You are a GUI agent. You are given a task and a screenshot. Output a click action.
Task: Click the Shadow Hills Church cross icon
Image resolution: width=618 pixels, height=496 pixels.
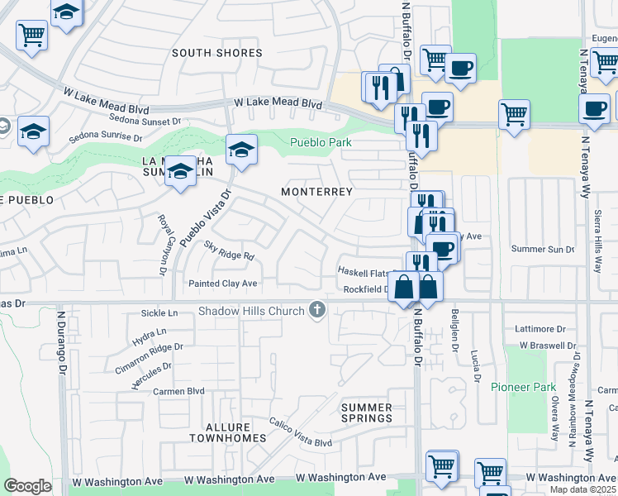point(315,310)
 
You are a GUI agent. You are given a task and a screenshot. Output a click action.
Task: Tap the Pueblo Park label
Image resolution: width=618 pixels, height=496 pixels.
point(321,142)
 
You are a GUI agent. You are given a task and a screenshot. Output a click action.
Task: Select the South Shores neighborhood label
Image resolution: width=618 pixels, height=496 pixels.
point(216,53)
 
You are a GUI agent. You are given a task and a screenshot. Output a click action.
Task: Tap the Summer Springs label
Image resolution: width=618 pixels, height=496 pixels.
point(366,413)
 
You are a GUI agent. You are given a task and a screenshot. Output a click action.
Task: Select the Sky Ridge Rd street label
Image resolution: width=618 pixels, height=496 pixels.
point(229,250)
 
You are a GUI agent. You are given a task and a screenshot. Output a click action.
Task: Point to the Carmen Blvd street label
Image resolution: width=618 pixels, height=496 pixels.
point(178,391)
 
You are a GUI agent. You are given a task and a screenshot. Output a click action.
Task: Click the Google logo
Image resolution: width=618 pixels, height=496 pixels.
point(26,486)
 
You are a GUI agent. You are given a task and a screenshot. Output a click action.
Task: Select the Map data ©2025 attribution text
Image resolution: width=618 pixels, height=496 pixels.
point(583,489)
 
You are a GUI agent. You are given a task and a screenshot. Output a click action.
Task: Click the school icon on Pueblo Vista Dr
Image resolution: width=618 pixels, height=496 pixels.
point(241,150)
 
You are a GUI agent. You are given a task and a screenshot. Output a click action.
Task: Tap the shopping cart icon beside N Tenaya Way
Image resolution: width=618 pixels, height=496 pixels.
point(514,115)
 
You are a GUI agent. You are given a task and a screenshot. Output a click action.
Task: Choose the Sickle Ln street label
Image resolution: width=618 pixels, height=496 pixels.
point(159,313)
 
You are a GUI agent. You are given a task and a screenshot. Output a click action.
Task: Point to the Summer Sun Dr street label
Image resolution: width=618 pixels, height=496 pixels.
point(542,249)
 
